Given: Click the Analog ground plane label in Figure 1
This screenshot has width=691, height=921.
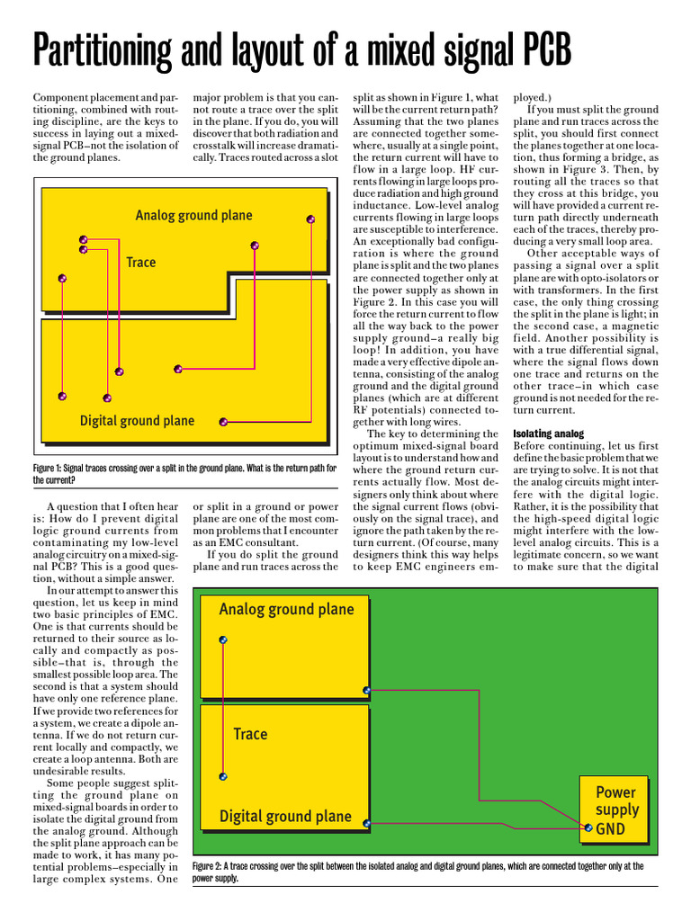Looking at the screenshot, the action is (193, 215).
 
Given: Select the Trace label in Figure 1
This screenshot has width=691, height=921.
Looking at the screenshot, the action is (141, 263).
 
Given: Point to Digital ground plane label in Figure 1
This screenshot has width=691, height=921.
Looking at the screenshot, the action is (137, 420).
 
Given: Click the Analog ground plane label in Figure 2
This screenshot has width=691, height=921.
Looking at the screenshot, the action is (286, 609).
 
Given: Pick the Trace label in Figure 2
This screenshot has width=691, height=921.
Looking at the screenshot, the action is (250, 734).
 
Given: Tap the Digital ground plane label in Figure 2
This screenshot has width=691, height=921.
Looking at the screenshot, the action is (285, 817).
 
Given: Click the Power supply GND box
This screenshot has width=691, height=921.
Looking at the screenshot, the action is (615, 809).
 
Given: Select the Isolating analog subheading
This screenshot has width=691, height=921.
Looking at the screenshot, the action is (548, 434).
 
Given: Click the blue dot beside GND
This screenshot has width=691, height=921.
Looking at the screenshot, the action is (588, 827).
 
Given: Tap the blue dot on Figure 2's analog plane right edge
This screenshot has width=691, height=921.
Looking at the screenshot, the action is (366, 691).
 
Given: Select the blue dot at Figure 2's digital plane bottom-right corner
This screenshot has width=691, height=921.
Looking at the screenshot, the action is (366, 823).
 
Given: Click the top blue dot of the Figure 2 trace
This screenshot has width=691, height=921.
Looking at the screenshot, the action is (223, 639).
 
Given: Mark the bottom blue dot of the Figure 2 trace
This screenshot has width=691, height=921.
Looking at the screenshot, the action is (223, 776).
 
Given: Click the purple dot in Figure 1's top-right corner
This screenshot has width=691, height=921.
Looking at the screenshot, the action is (311, 219).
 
